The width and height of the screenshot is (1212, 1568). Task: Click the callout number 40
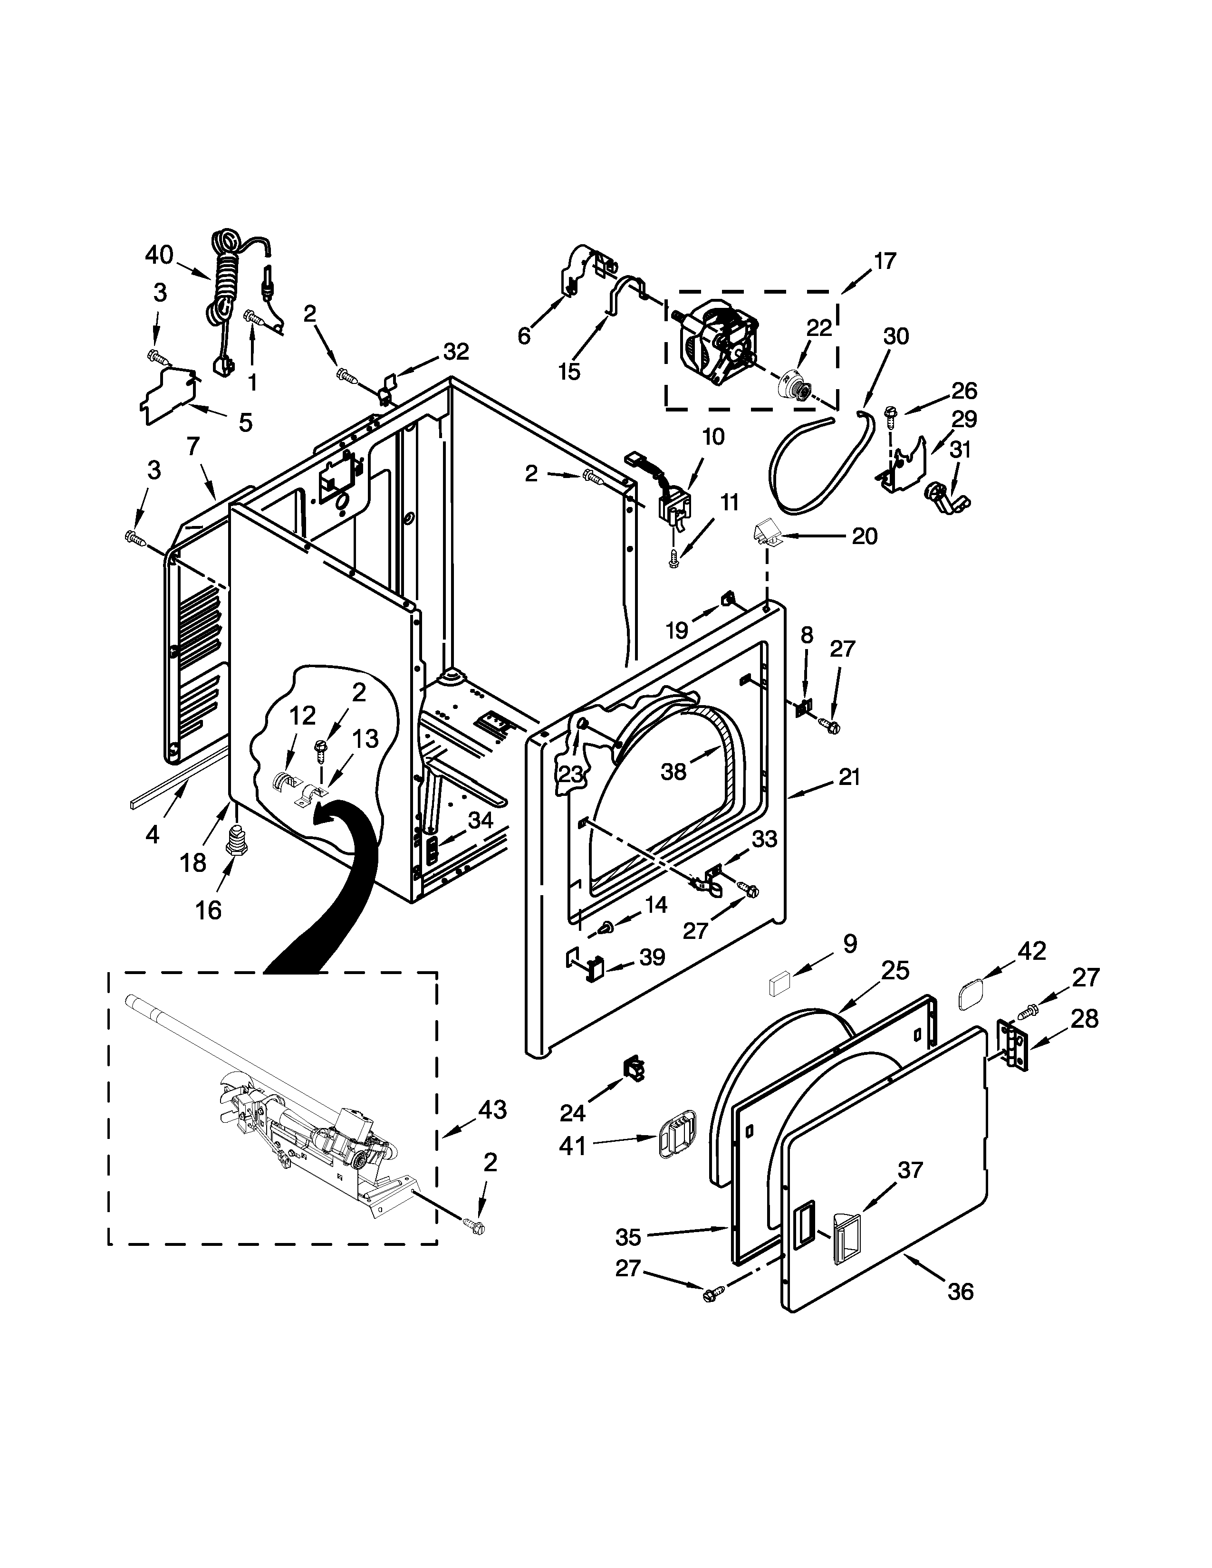coord(159,254)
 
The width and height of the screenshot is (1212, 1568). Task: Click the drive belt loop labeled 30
coord(818,463)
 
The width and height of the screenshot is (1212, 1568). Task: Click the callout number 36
coord(960,1291)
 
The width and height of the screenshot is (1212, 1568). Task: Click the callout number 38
coord(673,772)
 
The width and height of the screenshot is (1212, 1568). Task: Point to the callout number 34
coord(480,821)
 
